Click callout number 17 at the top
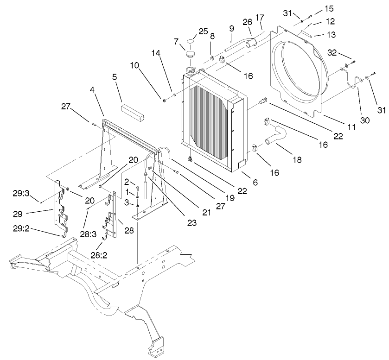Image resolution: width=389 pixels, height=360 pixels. tap(260, 18)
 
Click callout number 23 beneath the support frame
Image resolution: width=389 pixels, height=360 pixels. tap(191, 222)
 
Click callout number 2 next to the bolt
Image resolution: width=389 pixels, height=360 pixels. tap(126, 182)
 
